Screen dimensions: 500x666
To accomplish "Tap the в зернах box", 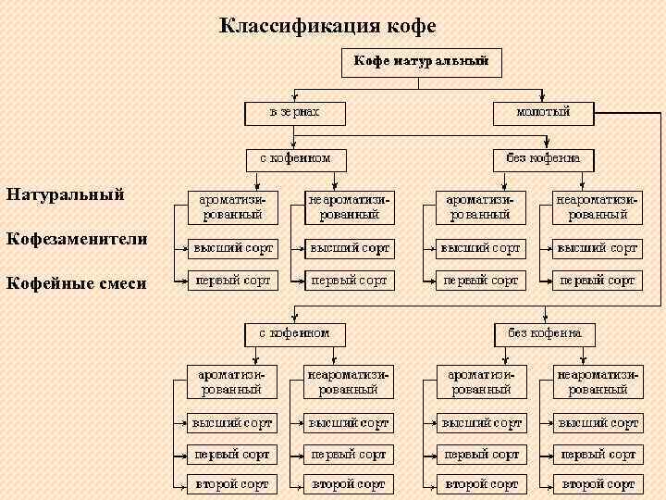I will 294,113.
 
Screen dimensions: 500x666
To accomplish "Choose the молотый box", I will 543,113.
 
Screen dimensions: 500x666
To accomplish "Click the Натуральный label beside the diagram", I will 65,195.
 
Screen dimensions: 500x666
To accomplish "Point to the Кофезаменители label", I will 77,239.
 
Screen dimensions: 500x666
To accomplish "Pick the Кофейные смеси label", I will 76,282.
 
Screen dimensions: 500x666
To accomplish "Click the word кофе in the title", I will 409,25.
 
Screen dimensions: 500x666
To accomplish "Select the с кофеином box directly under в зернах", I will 294,158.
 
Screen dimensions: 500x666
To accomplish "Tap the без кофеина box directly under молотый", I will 543,158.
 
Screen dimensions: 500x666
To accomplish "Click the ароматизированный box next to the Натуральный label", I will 231,206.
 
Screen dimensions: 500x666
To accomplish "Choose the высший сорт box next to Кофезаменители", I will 231,248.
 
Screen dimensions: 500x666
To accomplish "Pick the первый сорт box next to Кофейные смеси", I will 231,279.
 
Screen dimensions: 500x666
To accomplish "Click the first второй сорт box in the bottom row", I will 231,484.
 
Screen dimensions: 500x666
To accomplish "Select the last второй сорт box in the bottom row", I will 598,484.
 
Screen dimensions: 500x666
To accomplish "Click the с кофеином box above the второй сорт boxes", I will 294,332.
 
